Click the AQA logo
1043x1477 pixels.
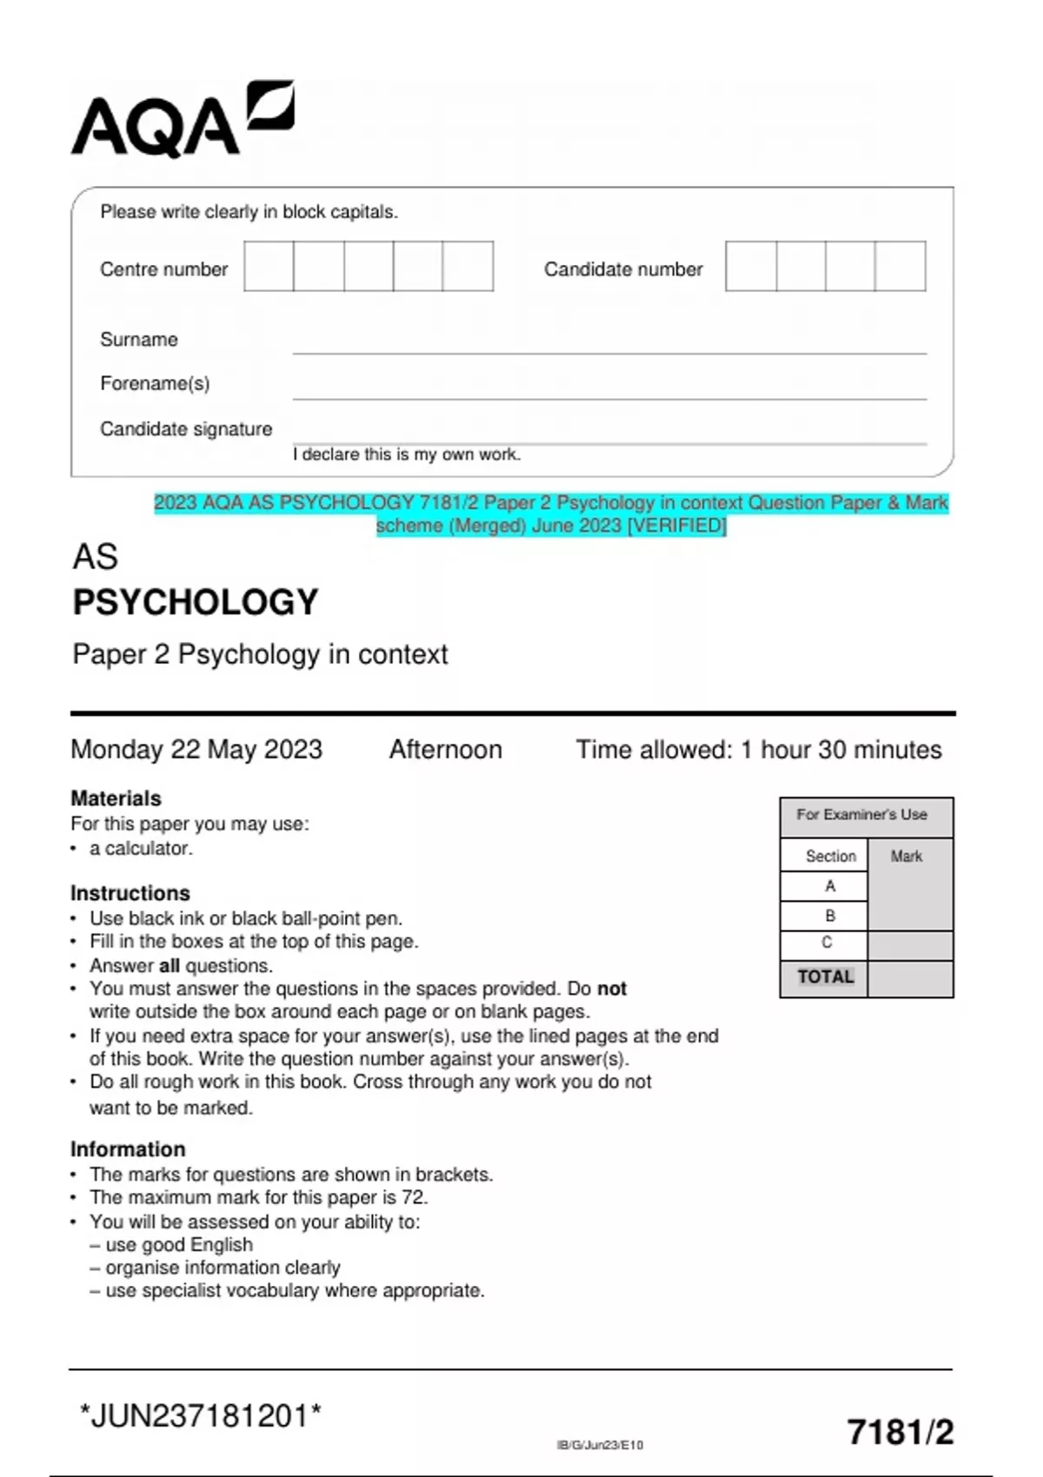click(x=183, y=120)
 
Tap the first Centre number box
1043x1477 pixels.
click(x=269, y=267)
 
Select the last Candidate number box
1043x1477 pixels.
click(x=900, y=267)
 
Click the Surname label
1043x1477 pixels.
click(x=139, y=340)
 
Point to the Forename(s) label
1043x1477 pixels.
click(x=155, y=383)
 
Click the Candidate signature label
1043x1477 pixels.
click(x=186, y=429)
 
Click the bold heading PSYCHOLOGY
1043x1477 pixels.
click(x=196, y=602)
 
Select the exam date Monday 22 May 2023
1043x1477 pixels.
click(x=196, y=749)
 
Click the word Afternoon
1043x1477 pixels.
click(x=445, y=749)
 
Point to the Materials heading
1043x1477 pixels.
click(x=116, y=798)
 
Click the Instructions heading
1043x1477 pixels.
click(x=130, y=893)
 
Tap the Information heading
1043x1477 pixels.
click(x=128, y=1149)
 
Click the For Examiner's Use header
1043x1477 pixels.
click(x=861, y=815)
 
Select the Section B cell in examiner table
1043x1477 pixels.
click(x=830, y=916)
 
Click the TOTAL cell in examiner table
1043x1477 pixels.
click(x=825, y=977)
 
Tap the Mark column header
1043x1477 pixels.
click(x=907, y=857)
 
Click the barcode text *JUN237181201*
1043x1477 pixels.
click(x=201, y=1416)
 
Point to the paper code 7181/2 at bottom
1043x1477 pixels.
click(x=900, y=1432)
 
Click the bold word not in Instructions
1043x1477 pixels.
click(x=612, y=989)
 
